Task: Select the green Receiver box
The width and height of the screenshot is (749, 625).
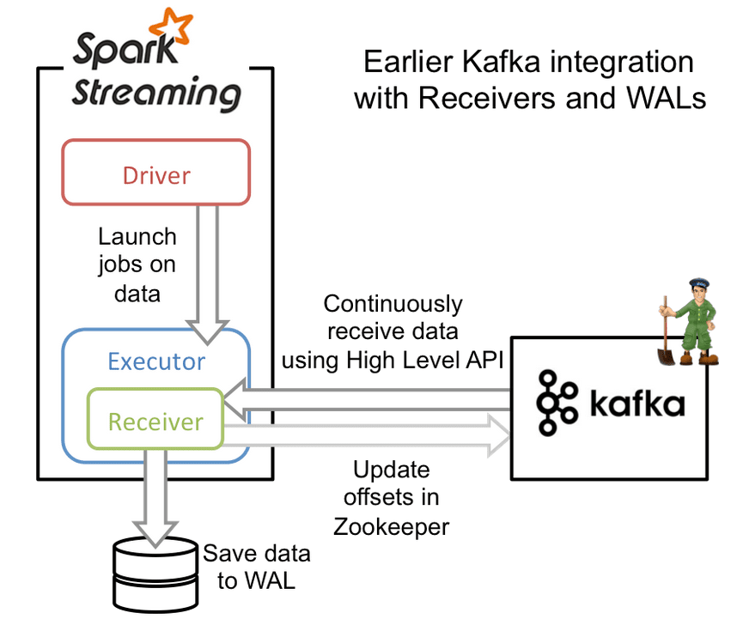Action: pyautogui.click(x=155, y=422)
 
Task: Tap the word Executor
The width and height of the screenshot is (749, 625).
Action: pyautogui.click(x=156, y=361)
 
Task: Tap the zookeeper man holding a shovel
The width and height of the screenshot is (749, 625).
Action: pyautogui.click(x=692, y=321)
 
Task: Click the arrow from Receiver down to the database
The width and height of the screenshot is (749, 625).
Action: pyautogui.click(x=155, y=498)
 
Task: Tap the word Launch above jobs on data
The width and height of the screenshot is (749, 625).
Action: pyautogui.click(x=137, y=236)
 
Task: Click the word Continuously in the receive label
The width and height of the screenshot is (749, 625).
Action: pyautogui.click(x=392, y=303)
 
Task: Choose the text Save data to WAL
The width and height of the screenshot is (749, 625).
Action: pyautogui.click(x=256, y=567)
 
